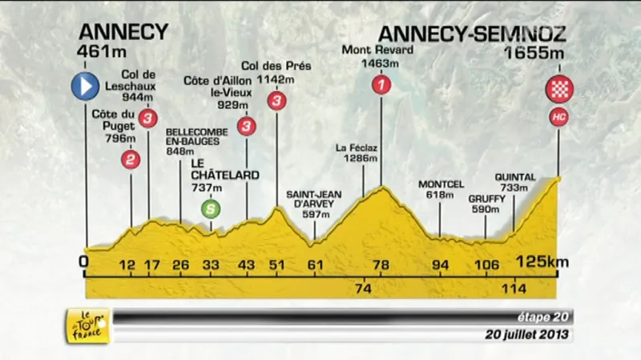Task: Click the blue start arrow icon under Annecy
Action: tap(86, 87)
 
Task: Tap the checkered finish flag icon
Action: tap(558, 88)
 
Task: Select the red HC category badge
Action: tap(558, 117)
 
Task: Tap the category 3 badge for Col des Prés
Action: tap(277, 100)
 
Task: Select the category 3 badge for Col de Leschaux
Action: tap(148, 119)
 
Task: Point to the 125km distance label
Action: tap(542, 262)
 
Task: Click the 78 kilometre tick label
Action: tap(381, 265)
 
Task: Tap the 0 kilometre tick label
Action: tap(85, 263)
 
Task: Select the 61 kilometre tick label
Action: tap(315, 265)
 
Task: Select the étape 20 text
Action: tap(545, 317)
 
